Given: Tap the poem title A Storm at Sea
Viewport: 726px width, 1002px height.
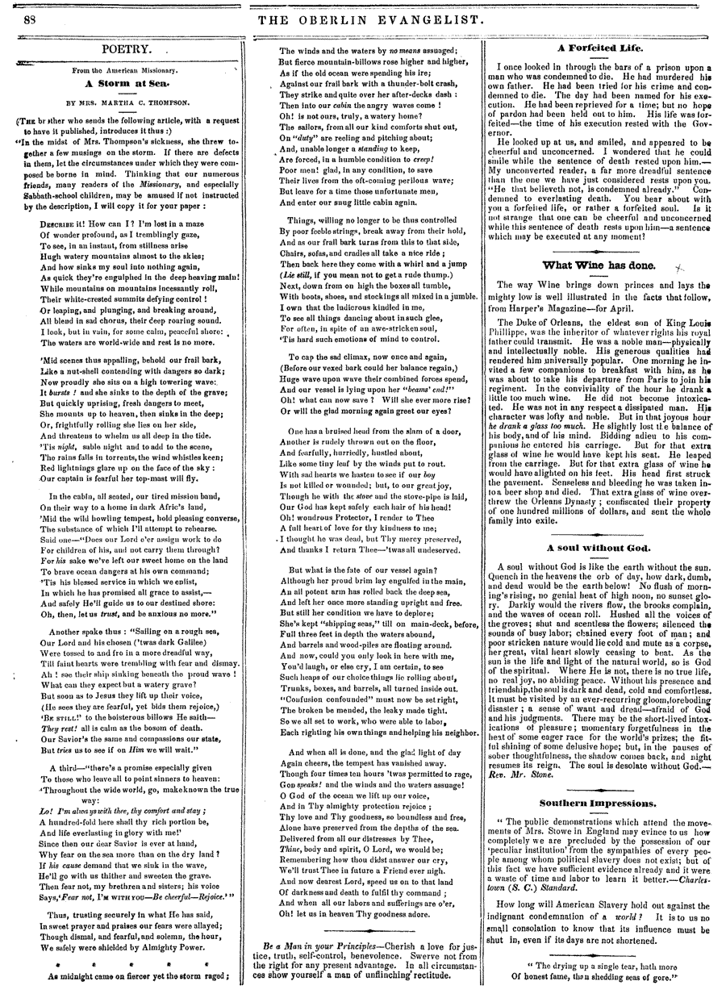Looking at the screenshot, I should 127,81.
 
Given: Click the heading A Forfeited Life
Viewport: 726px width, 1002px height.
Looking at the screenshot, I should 599,48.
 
